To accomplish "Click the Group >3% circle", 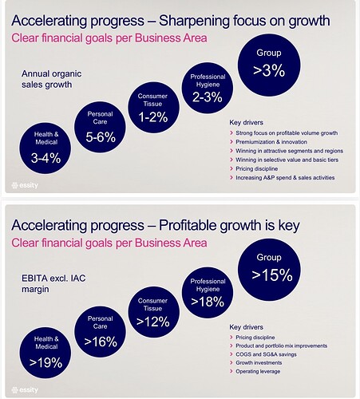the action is point(269,65).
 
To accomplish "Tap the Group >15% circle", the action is point(269,270).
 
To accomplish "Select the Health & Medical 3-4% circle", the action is point(45,148).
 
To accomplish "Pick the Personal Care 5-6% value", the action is point(101,137).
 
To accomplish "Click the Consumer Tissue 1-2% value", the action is point(153,117).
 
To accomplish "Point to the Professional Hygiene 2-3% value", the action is point(208,97).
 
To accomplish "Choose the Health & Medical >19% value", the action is point(45,362).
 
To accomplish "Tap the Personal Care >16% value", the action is point(101,342).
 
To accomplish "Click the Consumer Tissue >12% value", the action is point(153,322).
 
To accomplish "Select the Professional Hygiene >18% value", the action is point(208,302).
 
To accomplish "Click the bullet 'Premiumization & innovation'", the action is point(271,142).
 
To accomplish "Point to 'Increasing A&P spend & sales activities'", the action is point(285,178).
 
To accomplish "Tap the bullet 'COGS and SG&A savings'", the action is point(266,354).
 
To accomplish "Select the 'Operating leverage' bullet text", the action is point(258,371).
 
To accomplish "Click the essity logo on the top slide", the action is point(25,185).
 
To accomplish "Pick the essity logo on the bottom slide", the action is point(25,390).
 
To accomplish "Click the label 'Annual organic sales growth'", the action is point(52,79).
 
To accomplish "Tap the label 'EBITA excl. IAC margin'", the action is point(53,283).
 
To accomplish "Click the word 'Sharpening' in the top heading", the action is point(194,22).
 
